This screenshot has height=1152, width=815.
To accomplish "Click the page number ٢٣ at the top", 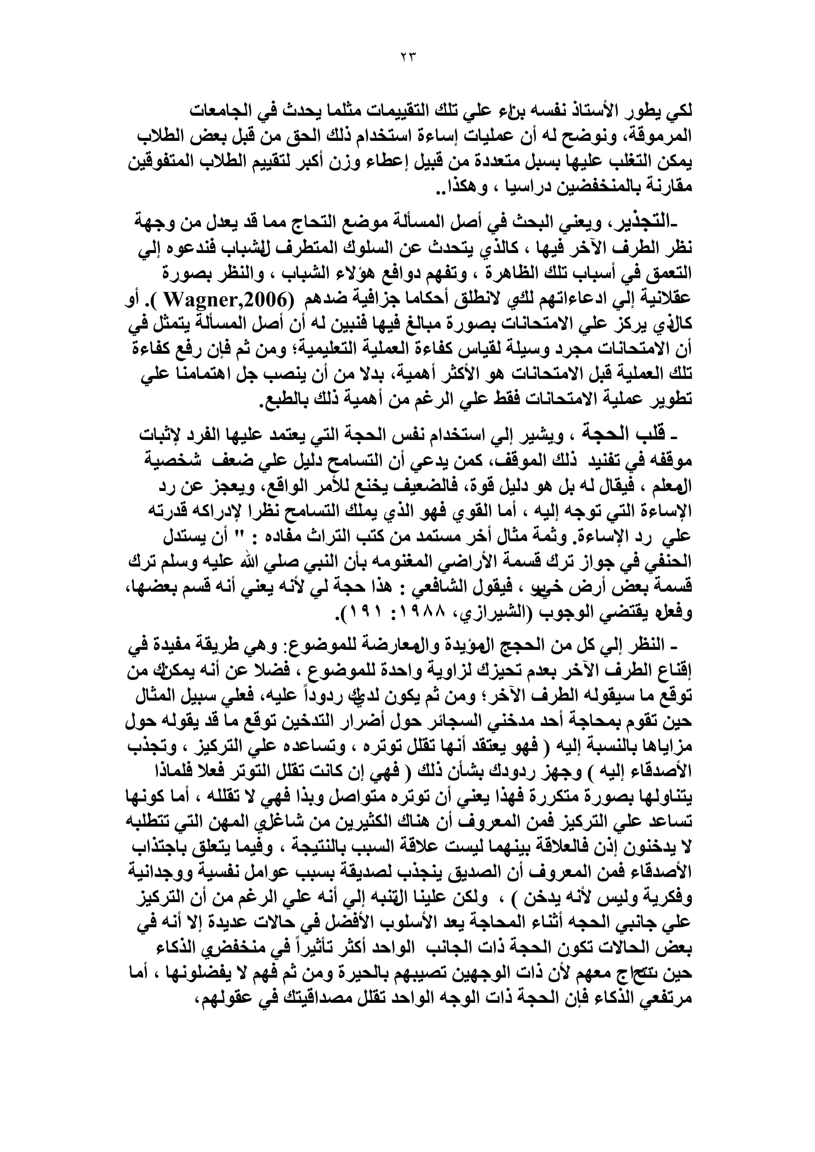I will [x=407, y=56].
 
